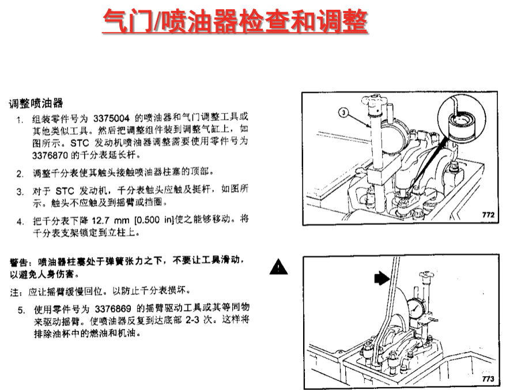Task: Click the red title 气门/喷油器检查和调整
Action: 235,21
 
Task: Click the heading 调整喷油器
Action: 36,104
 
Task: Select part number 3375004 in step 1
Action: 112,118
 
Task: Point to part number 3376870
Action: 50,155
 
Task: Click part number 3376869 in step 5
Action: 113,309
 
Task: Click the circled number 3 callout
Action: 343,112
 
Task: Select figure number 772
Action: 488,215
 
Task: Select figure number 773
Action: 488,379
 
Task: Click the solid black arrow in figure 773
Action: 382,278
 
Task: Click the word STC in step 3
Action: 65,191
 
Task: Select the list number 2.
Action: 20,174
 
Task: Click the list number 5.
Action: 21,311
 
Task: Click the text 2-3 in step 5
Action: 192,321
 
